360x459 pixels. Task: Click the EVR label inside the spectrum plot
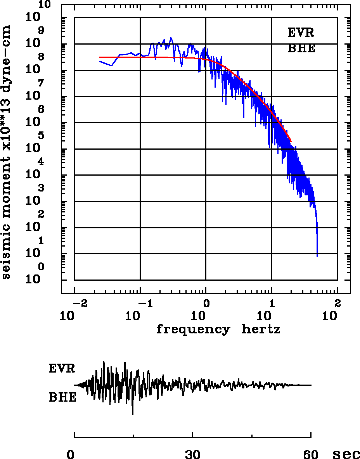pyautogui.click(x=301, y=33)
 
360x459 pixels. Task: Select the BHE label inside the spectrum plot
pyautogui.click(x=301, y=49)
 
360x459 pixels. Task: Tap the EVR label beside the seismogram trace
pyautogui.click(x=62, y=368)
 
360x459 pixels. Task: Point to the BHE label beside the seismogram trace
pyautogui.click(x=62, y=398)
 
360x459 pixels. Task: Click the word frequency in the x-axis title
pyautogui.click(x=193, y=330)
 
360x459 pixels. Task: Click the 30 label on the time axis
pyautogui.click(x=193, y=454)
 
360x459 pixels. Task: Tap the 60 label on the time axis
pyautogui.click(x=311, y=454)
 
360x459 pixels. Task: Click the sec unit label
pyautogui.click(x=346, y=454)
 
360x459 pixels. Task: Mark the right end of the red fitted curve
pyautogui.click(x=291, y=141)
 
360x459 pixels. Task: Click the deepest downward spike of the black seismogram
pyautogui.click(x=133, y=414)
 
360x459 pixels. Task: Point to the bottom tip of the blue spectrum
pyautogui.click(x=317, y=256)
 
